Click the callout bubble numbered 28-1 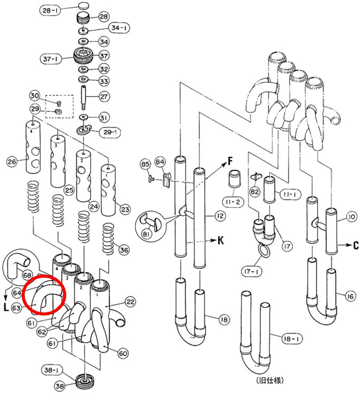(50, 10)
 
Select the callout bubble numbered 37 (104, 55)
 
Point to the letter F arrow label (230, 161)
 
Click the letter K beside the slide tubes (220, 240)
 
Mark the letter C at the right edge (356, 245)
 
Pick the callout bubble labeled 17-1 (251, 271)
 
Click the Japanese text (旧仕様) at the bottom (270, 380)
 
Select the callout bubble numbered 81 (146, 234)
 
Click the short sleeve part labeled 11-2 (235, 179)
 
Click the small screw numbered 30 (59, 103)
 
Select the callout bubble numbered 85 (145, 165)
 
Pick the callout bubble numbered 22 (130, 302)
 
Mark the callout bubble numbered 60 (123, 353)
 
